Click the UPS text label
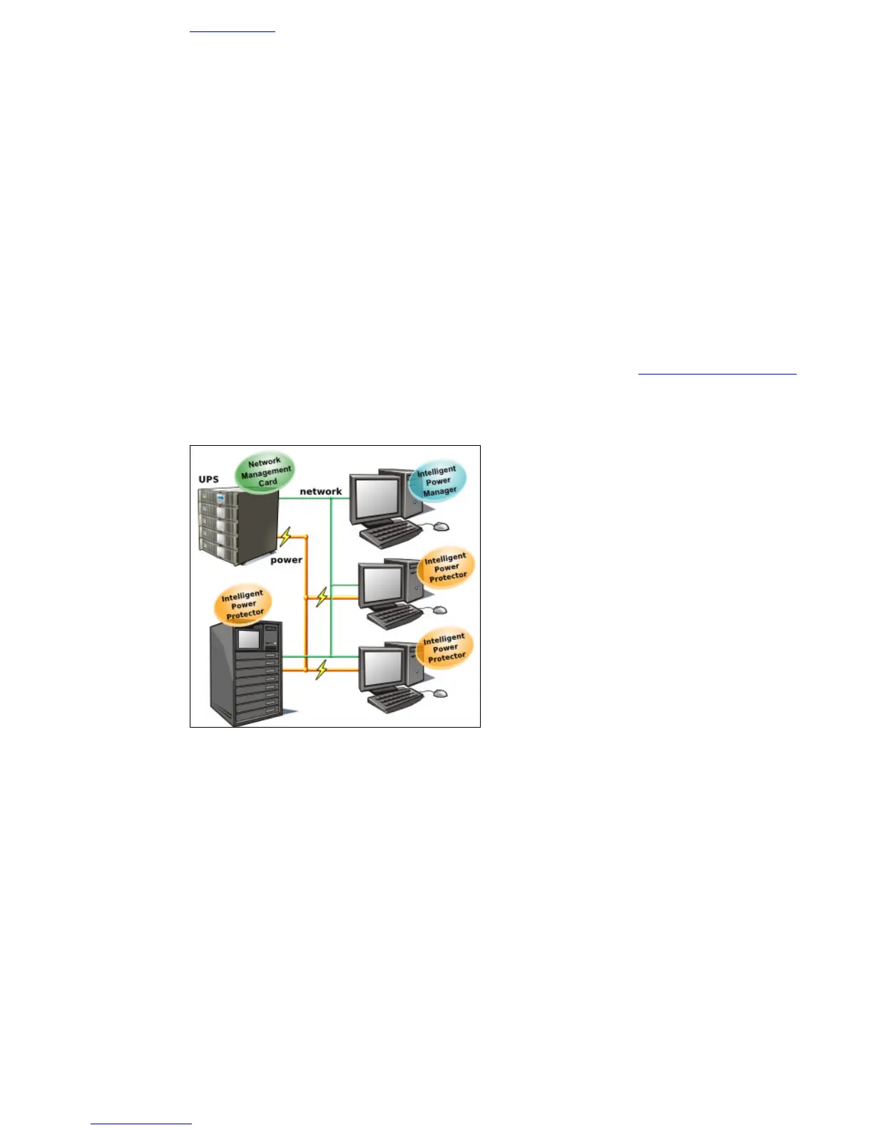pyautogui.click(x=208, y=479)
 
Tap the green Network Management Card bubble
pyautogui.click(x=265, y=472)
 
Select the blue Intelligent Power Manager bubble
pyautogui.click(x=437, y=481)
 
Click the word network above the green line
pyautogui.click(x=320, y=492)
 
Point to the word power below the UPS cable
pyautogui.click(x=286, y=560)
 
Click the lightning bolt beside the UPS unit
pyautogui.click(x=285, y=536)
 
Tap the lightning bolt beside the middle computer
pyautogui.click(x=322, y=596)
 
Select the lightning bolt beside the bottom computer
pyautogui.click(x=322, y=669)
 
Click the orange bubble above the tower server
pyautogui.click(x=243, y=604)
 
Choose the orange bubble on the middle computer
pyautogui.click(x=446, y=568)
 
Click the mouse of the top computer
pyautogui.click(x=441, y=526)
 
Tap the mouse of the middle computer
pyautogui.click(x=439, y=610)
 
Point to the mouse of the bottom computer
pyautogui.click(x=439, y=693)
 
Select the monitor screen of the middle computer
pyautogui.click(x=383, y=585)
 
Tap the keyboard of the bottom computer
pyautogui.click(x=394, y=697)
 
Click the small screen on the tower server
pyautogui.click(x=248, y=639)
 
